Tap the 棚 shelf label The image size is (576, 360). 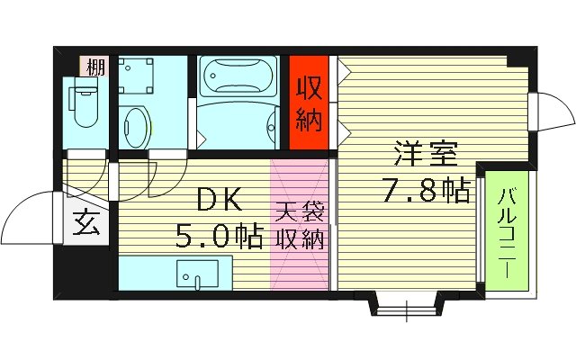94,66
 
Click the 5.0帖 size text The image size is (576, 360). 220,237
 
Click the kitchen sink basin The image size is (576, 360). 193,274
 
